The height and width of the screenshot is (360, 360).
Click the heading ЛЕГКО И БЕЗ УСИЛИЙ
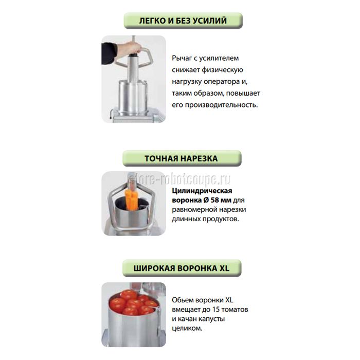[x=183, y=21]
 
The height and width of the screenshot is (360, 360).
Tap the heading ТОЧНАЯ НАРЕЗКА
[x=181, y=158]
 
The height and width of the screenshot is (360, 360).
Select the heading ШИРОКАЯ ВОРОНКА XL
[x=182, y=268]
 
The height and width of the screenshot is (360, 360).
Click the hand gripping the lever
[x=129, y=49]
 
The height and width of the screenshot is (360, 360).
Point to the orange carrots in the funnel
[x=131, y=200]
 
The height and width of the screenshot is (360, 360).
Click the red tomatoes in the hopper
[x=133, y=302]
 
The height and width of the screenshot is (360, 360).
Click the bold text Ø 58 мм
[x=218, y=200]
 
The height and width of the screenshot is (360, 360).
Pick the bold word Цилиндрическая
[x=202, y=191]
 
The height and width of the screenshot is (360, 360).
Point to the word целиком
[x=187, y=328]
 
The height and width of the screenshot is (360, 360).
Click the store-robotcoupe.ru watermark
[x=179, y=179]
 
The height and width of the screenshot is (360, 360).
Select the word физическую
[x=222, y=70]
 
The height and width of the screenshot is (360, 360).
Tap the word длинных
[x=186, y=219]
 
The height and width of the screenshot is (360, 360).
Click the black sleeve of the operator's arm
[x=109, y=53]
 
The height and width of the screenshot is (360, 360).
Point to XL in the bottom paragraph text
[x=229, y=300]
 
